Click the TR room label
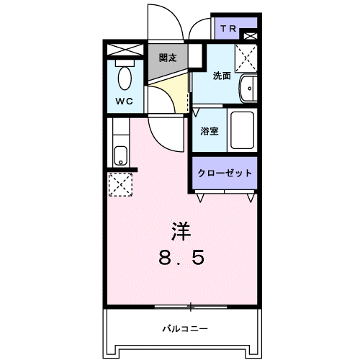click(228, 29)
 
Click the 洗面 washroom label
click(221, 76)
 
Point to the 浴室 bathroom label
click(210, 131)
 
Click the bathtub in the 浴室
click(241, 130)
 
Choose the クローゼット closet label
click(225, 173)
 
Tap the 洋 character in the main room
click(181, 231)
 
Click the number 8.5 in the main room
click(181, 257)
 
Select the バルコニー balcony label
click(181, 329)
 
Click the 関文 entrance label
click(168, 58)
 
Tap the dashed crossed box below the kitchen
click(120, 184)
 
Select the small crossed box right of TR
click(250, 35)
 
